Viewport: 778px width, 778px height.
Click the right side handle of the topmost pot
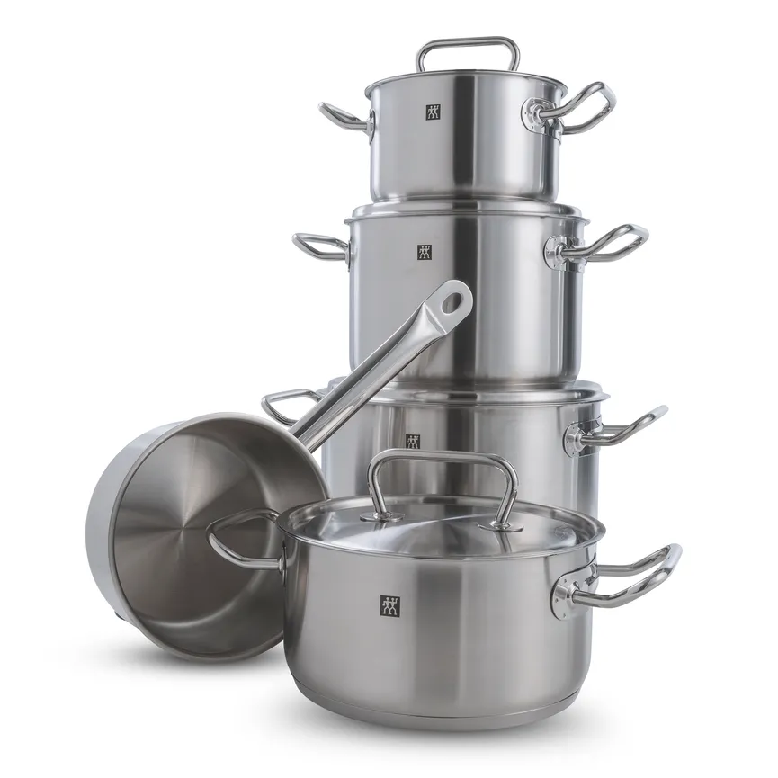tap(589, 106)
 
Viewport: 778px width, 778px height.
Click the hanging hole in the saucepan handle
tap(454, 300)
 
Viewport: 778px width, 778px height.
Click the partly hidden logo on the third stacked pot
tap(412, 441)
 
